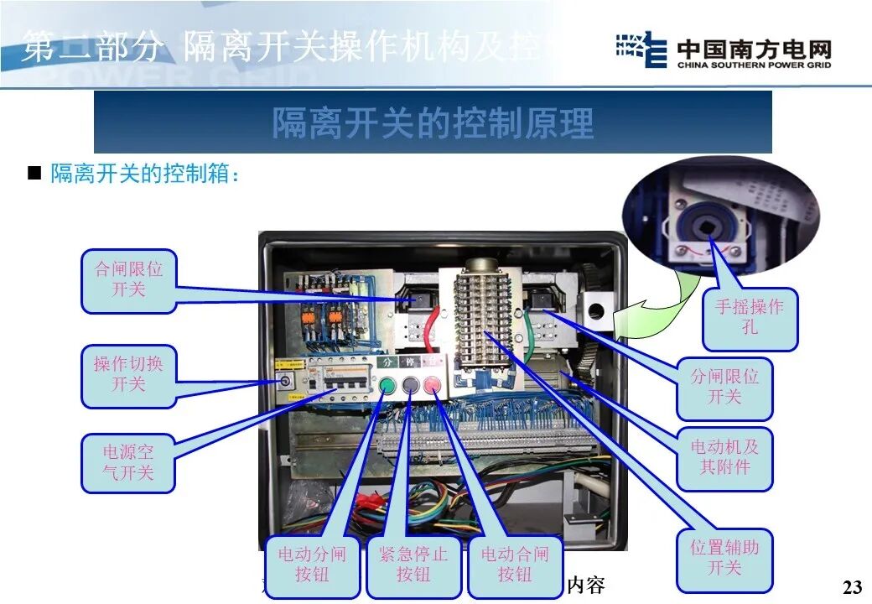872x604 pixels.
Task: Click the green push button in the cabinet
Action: (387, 387)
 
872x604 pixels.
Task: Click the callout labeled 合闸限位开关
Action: (128, 280)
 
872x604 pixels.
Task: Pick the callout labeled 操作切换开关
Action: (128, 374)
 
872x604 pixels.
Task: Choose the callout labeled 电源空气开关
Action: (128, 462)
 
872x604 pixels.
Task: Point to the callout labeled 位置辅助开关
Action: (724, 558)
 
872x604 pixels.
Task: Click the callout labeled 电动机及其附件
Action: (724, 456)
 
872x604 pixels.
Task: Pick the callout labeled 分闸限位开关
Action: (724, 386)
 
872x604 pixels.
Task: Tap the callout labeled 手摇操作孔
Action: (750, 317)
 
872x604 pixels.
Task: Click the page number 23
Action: (851, 586)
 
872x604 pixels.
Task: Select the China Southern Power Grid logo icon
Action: (641, 51)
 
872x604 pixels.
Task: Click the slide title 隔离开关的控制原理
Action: (433, 123)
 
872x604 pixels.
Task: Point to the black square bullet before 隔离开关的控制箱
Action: (34, 175)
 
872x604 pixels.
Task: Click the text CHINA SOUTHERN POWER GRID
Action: (754, 65)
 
